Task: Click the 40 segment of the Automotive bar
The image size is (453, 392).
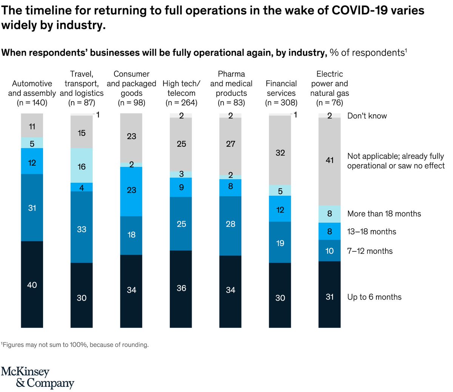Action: coord(32,284)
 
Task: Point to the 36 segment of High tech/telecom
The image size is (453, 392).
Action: coord(181,289)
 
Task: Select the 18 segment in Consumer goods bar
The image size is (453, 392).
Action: coord(131,235)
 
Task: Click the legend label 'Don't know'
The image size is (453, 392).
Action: coord(367,116)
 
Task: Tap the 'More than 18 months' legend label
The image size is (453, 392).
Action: coord(384,214)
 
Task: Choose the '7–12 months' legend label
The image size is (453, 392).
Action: coord(370,251)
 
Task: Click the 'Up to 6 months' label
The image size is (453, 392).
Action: coord(374,297)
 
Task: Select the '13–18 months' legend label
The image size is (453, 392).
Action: coord(371,232)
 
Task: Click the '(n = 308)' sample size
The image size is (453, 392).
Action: coord(281,103)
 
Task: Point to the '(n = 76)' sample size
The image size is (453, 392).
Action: coord(330,103)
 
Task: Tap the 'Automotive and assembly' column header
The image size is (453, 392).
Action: coord(32,88)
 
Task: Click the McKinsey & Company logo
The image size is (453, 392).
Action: coord(37,377)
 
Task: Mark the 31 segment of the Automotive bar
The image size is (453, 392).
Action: coord(32,208)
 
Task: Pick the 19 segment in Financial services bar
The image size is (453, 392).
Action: coord(280,243)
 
